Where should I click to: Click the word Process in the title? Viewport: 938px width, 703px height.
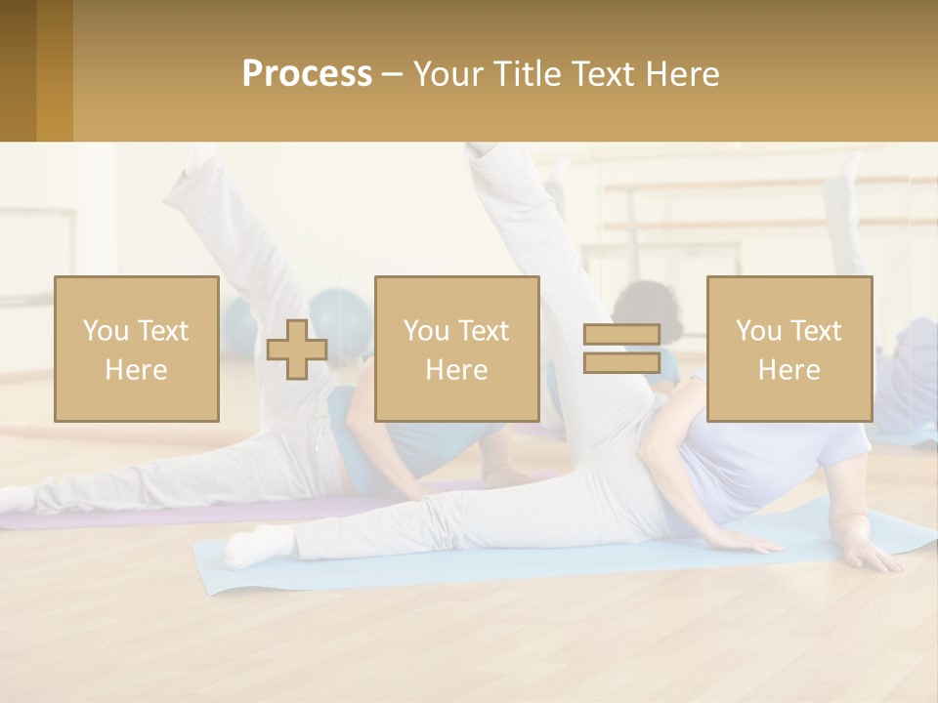(307, 74)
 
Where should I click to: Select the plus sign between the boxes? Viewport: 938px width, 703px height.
(297, 350)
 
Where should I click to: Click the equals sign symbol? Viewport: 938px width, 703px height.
(621, 349)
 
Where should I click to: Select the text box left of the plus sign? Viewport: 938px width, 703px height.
(136, 350)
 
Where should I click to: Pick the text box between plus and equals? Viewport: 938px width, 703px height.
(456, 350)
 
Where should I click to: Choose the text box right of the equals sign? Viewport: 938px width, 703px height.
(789, 350)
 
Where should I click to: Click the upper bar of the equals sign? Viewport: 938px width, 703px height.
(621, 335)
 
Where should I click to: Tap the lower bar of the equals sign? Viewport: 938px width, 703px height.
(621, 362)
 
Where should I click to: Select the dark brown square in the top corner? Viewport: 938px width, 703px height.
(18, 70)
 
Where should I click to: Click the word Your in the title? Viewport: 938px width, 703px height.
(447, 74)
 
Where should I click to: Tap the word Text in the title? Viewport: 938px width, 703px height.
(599, 74)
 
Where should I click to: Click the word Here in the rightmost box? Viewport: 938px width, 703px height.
(789, 370)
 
